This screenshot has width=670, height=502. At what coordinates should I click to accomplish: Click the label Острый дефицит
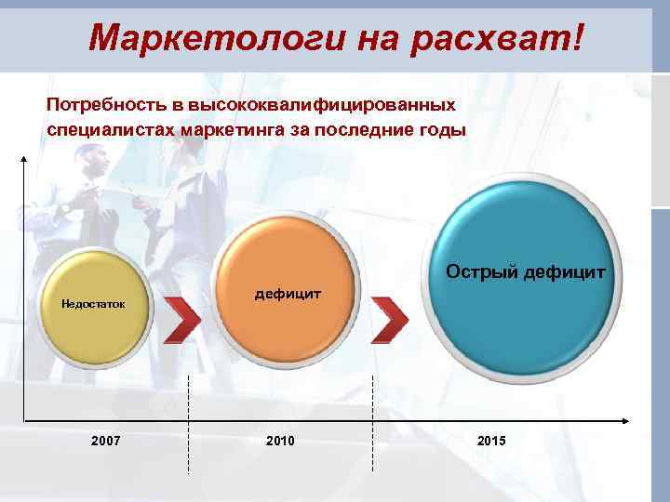coord(526,272)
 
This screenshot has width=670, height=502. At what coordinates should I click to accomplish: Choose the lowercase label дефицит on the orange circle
coord(288,294)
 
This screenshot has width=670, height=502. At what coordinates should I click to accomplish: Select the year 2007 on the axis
coord(106,440)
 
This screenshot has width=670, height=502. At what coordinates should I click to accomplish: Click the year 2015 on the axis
coord(491,440)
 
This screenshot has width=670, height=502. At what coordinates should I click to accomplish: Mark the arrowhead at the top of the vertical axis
coord(23,159)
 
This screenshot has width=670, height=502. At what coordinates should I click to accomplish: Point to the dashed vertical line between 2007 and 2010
coord(190,423)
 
